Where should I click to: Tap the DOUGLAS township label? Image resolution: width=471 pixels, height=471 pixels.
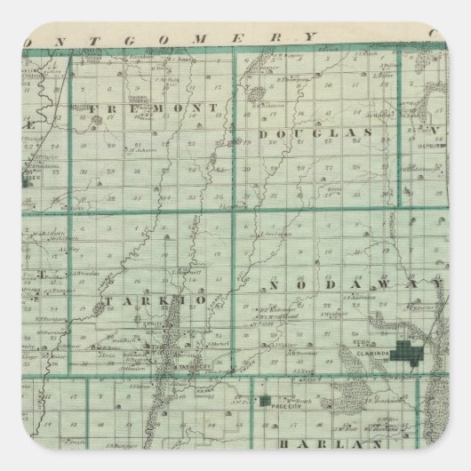(x=302, y=132)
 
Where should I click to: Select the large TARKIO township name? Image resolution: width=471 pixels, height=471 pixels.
(x=157, y=301)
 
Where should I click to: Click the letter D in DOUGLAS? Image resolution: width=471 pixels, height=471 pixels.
(x=265, y=133)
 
